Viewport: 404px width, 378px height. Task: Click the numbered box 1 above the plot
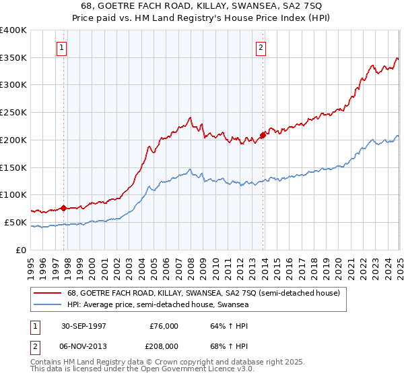[x=61, y=47]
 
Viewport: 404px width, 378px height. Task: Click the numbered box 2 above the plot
[x=261, y=47]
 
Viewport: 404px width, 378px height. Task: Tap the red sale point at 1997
[x=64, y=208]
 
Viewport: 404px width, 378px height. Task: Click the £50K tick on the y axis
[x=16, y=222]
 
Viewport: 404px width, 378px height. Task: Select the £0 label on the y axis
[x=22, y=250]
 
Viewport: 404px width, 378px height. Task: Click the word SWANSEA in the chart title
[x=255, y=7]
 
